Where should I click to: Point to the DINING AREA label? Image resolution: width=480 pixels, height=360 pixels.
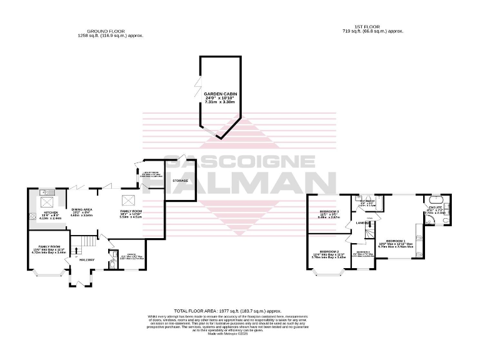tap(82, 209)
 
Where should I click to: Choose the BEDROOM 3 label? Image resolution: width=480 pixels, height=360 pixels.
tap(329, 211)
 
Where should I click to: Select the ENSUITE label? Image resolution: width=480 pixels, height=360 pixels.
tap(435, 206)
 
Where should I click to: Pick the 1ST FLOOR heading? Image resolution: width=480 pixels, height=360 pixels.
tap(372, 27)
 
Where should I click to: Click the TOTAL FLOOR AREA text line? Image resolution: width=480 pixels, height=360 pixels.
tap(227, 310)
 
